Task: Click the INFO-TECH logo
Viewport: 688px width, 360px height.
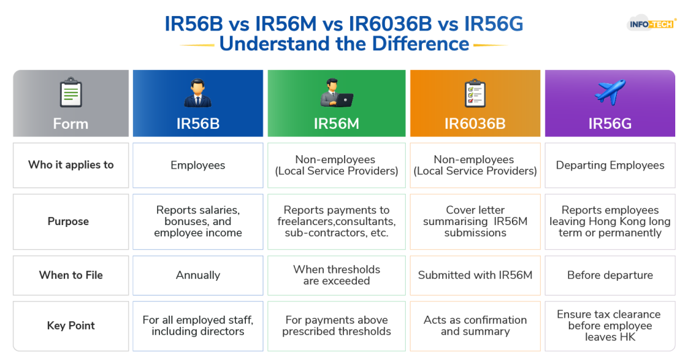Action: (x=652, y=24)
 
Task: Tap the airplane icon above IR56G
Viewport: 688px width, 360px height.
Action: (x=610, y=91)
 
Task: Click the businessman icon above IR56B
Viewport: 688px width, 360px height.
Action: (x=198, y=93)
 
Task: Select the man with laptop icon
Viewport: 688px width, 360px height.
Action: (x=337, y=93)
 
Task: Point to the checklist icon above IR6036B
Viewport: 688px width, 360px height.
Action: (x=475, y=93)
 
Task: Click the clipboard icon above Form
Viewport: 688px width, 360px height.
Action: (x=71, y=93)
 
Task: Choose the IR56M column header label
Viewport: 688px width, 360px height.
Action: (x=337, y=124)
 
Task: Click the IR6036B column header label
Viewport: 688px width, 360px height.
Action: (x=475, y=124)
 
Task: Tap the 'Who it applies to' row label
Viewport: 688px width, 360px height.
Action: (x=71, y=165)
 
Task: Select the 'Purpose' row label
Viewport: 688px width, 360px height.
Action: (x=68, y=222)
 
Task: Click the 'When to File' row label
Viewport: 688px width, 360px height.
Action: (x=71, y=275)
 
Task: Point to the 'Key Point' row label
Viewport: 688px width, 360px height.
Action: (x=71, y=325)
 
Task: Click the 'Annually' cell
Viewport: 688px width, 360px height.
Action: (x=198, y=275)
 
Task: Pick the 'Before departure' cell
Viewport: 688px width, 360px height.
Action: (x=610, y=275)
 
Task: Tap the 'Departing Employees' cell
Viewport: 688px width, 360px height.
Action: (x=610, y=165)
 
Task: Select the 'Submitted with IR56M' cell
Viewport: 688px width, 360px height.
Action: (x=475, y=275)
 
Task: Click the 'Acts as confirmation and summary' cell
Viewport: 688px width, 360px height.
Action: (x=475, y=326)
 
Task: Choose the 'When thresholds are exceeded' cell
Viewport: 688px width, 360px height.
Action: (x=337, y=275)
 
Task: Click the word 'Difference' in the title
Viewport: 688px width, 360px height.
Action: (x=421, y=44)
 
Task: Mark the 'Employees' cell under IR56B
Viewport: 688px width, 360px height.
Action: (x=198, y=165)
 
